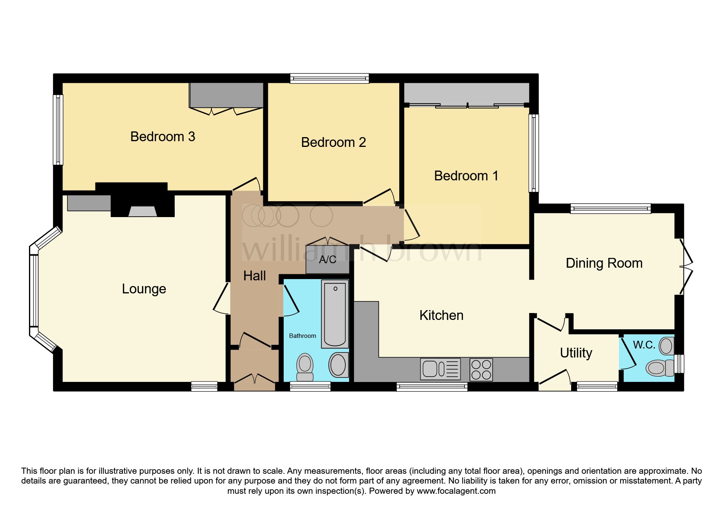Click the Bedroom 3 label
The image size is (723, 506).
point(162,137)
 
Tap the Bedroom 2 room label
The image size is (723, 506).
point(333,142)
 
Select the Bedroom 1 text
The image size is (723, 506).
point(466,176)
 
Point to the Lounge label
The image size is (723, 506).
point(144,289)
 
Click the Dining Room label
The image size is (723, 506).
point(604,263)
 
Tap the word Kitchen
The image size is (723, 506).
point(441,315)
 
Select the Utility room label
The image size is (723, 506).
point(576,353)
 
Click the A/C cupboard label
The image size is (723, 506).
point(327,260)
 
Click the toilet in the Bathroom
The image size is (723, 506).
point(305,366)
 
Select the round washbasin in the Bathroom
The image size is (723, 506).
point(338,364)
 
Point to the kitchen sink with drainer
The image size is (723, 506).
point(440,369)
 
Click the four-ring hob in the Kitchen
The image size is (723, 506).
point(481,369)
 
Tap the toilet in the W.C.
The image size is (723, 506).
point(658,368)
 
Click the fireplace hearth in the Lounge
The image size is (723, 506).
point(143,211)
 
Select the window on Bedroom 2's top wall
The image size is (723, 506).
point(329,78)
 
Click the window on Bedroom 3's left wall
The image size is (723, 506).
point(58,130)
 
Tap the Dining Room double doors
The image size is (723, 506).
point(686,266)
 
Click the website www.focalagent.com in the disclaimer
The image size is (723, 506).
point(456,491)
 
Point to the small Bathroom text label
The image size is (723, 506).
point(302,336)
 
